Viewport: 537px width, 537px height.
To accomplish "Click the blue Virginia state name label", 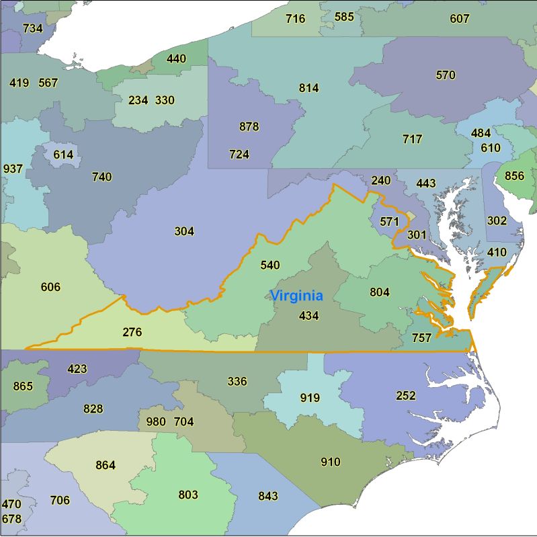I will pyautogui.click(x=296, y=296).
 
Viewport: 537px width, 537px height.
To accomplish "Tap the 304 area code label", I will pyautogui.click(x=184, y=231).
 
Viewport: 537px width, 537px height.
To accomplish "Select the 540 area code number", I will pyautogui.click(x=270, y=265).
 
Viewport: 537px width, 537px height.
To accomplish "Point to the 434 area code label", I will pyautogui.click(x=308, y=315).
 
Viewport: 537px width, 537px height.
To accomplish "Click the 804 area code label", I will pyautogui.click(x=380, y=292).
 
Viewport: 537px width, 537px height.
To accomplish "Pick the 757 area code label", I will pyautogui.click(x=421, y=338).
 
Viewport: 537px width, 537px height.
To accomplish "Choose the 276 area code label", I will pyautogui.click(x=132, y=331).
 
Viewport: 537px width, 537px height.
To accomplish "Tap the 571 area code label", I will pyautogui.click(x=389, y=221).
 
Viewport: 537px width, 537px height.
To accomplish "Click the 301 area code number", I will pyautogui.click(x=417, y=235).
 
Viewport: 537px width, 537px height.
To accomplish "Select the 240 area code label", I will pyautogui.click(x=380, y=180).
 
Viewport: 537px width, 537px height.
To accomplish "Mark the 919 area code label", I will pyautogui.click(x=310, y=397).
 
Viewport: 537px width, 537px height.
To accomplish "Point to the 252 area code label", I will pyautogui.click(x=406, y=395).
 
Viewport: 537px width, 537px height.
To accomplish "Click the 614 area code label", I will pyautogui.click(x=63, y=155).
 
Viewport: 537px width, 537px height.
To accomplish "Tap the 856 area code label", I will pyautogui.click(x=514, y=176).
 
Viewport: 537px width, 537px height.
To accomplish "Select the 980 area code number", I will pyautogui.click(x=155, y=422).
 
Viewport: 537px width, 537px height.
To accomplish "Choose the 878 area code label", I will pyautogui.click(x=249, y=126).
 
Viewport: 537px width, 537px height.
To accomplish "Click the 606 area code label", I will pyautogui.click(x=50, y=287).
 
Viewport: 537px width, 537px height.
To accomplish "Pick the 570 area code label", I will pyautogui.click(x=446, y=75).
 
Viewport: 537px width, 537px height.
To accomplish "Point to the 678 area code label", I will pyautogui.click(x=11, y=519).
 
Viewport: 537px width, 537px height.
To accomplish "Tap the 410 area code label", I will pyautogui.click(x=497, y=253).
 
